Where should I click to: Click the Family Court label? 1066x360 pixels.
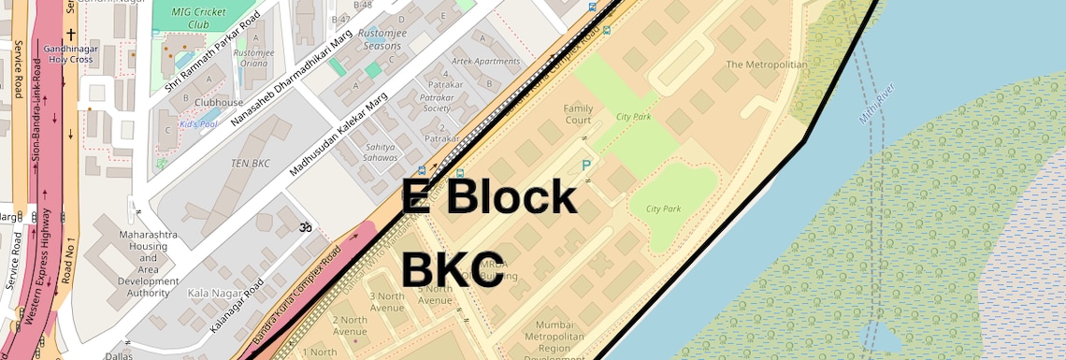pos(578,114)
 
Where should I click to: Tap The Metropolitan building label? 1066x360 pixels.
pos(767,65)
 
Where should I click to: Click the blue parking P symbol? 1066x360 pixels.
pos(586,166)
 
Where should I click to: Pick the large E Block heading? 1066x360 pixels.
pos(489,197)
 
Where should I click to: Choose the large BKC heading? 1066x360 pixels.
pos(454,269)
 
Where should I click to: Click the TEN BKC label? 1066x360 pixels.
pos(250,164)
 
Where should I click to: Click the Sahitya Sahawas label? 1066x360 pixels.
pos(382,152)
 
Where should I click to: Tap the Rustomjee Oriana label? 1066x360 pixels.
pos(254,58)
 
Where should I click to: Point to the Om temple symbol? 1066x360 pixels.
pos(303,227)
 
